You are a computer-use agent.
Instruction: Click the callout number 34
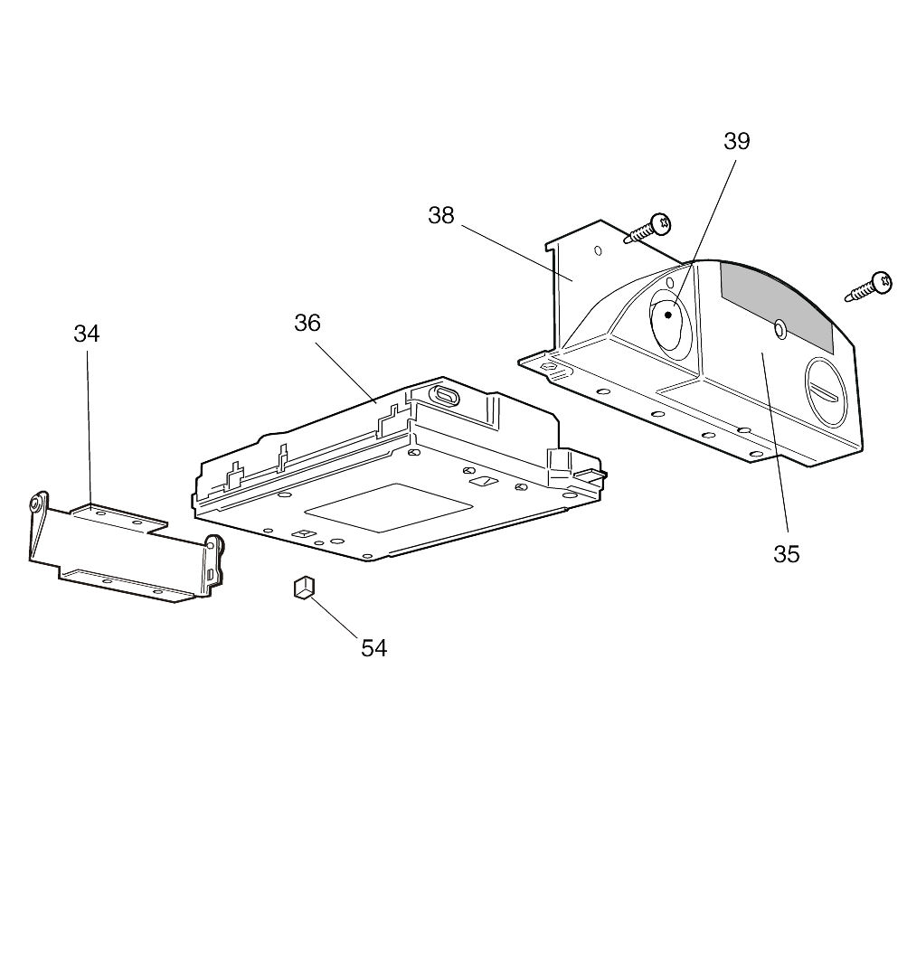click(86, 334)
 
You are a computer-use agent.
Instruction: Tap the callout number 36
click(307, 323)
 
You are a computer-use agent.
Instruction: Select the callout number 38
click(441, 215)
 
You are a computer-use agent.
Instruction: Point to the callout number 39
click(736, 141)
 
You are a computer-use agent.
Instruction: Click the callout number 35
click(787, 554)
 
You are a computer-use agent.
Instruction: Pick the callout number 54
click(374, 649)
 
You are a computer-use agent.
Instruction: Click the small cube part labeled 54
click(304, 587)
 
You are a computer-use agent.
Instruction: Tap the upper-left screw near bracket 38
click(648, 229)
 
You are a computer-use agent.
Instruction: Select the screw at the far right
click(868, 287)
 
